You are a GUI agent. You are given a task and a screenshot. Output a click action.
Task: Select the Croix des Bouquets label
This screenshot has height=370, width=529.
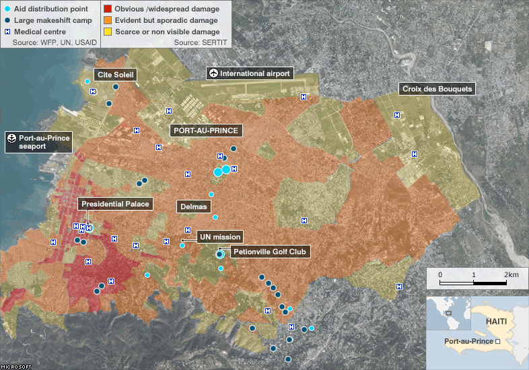(x=437, y=89)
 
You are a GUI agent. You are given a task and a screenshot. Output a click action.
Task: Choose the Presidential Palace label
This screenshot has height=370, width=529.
(x=115, y=204)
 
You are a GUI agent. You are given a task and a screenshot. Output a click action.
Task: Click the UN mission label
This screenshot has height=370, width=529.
(x=219, y=237)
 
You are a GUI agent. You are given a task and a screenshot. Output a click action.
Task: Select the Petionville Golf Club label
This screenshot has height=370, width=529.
(x=269, y=252)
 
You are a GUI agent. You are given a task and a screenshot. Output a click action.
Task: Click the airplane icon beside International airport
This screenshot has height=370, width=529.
(x=213, y=73)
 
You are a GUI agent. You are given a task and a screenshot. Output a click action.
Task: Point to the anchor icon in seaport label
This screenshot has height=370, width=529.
(x=11, y=138)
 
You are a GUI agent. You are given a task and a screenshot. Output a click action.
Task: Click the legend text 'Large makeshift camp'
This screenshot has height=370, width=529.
(x=51, y=20)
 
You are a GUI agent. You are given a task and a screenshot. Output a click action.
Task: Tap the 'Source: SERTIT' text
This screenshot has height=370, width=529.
(x=201, y=42)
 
